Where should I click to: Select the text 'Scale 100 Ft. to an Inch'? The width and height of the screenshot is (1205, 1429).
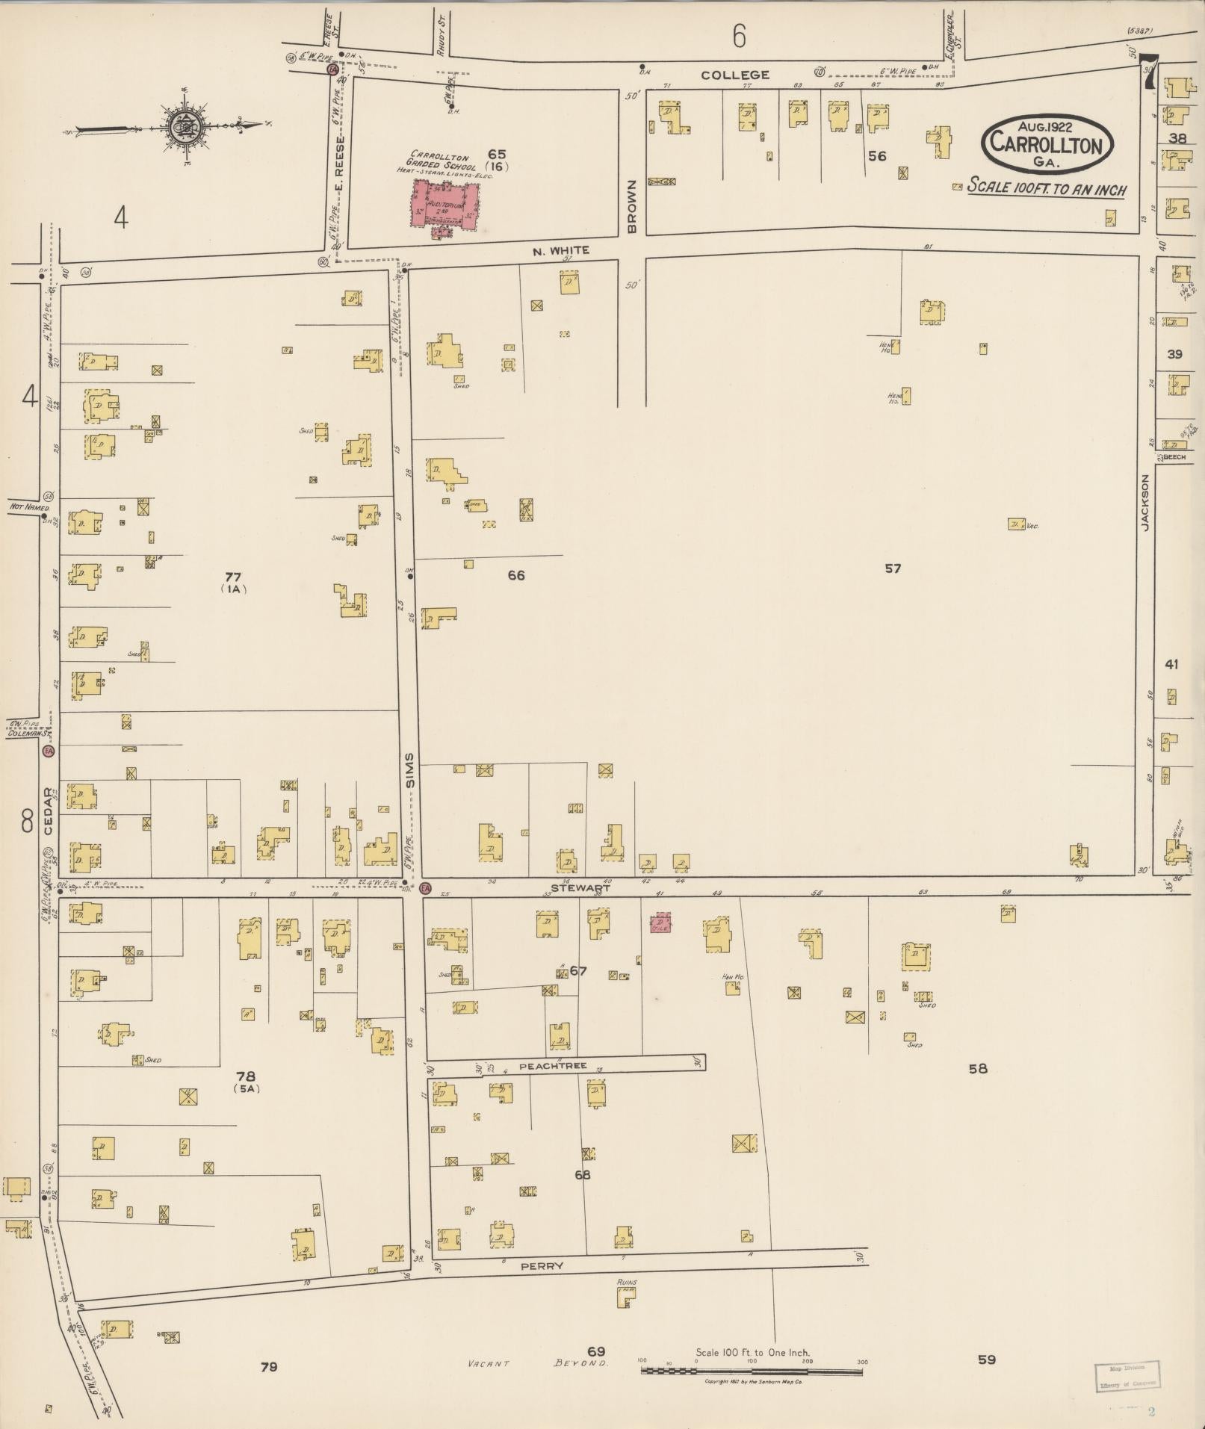(x=1047, y=188)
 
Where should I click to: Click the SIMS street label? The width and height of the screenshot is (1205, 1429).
(x=410, y=775)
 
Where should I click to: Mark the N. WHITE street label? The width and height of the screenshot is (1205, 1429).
(x=560, y=251)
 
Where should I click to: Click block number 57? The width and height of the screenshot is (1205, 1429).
(x=893, y=568)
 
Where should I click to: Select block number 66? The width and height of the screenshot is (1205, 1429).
(x=515, y=574)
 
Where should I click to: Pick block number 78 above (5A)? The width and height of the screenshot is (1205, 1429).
(x=246, y=1076)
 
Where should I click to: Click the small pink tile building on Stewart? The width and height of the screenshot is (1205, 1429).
(x=659, y=923)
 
